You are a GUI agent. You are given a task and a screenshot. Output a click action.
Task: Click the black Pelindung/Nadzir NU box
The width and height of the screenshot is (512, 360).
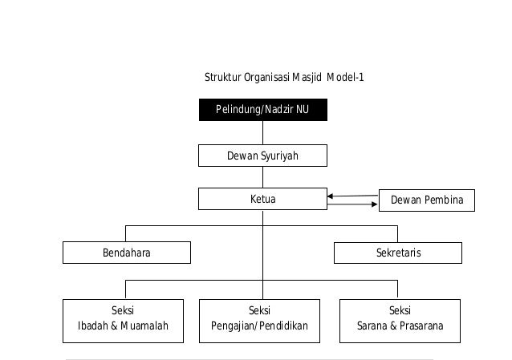coord(262,110)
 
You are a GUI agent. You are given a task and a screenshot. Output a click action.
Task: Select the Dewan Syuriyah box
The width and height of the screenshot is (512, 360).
coord(262,156)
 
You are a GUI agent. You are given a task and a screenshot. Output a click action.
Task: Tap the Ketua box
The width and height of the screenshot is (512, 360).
coord(262,199)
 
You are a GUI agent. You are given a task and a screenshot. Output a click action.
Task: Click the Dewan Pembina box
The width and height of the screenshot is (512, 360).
coord(426,200)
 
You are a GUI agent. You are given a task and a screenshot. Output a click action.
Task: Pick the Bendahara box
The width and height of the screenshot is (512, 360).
coord(127,253)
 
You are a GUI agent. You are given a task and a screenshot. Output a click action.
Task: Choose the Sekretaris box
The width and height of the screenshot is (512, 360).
coord(398,253)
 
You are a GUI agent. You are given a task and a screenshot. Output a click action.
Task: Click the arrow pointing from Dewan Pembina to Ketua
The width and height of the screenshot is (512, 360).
coord(352,196)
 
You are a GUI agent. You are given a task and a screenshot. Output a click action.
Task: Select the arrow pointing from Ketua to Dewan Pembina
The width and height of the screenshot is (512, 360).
coord(352,204)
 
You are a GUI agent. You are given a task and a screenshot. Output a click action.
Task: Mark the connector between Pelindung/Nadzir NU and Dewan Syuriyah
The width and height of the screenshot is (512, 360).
coord(262,132)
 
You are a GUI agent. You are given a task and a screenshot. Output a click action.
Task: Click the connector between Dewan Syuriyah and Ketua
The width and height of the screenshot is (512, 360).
coord(262,177)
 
